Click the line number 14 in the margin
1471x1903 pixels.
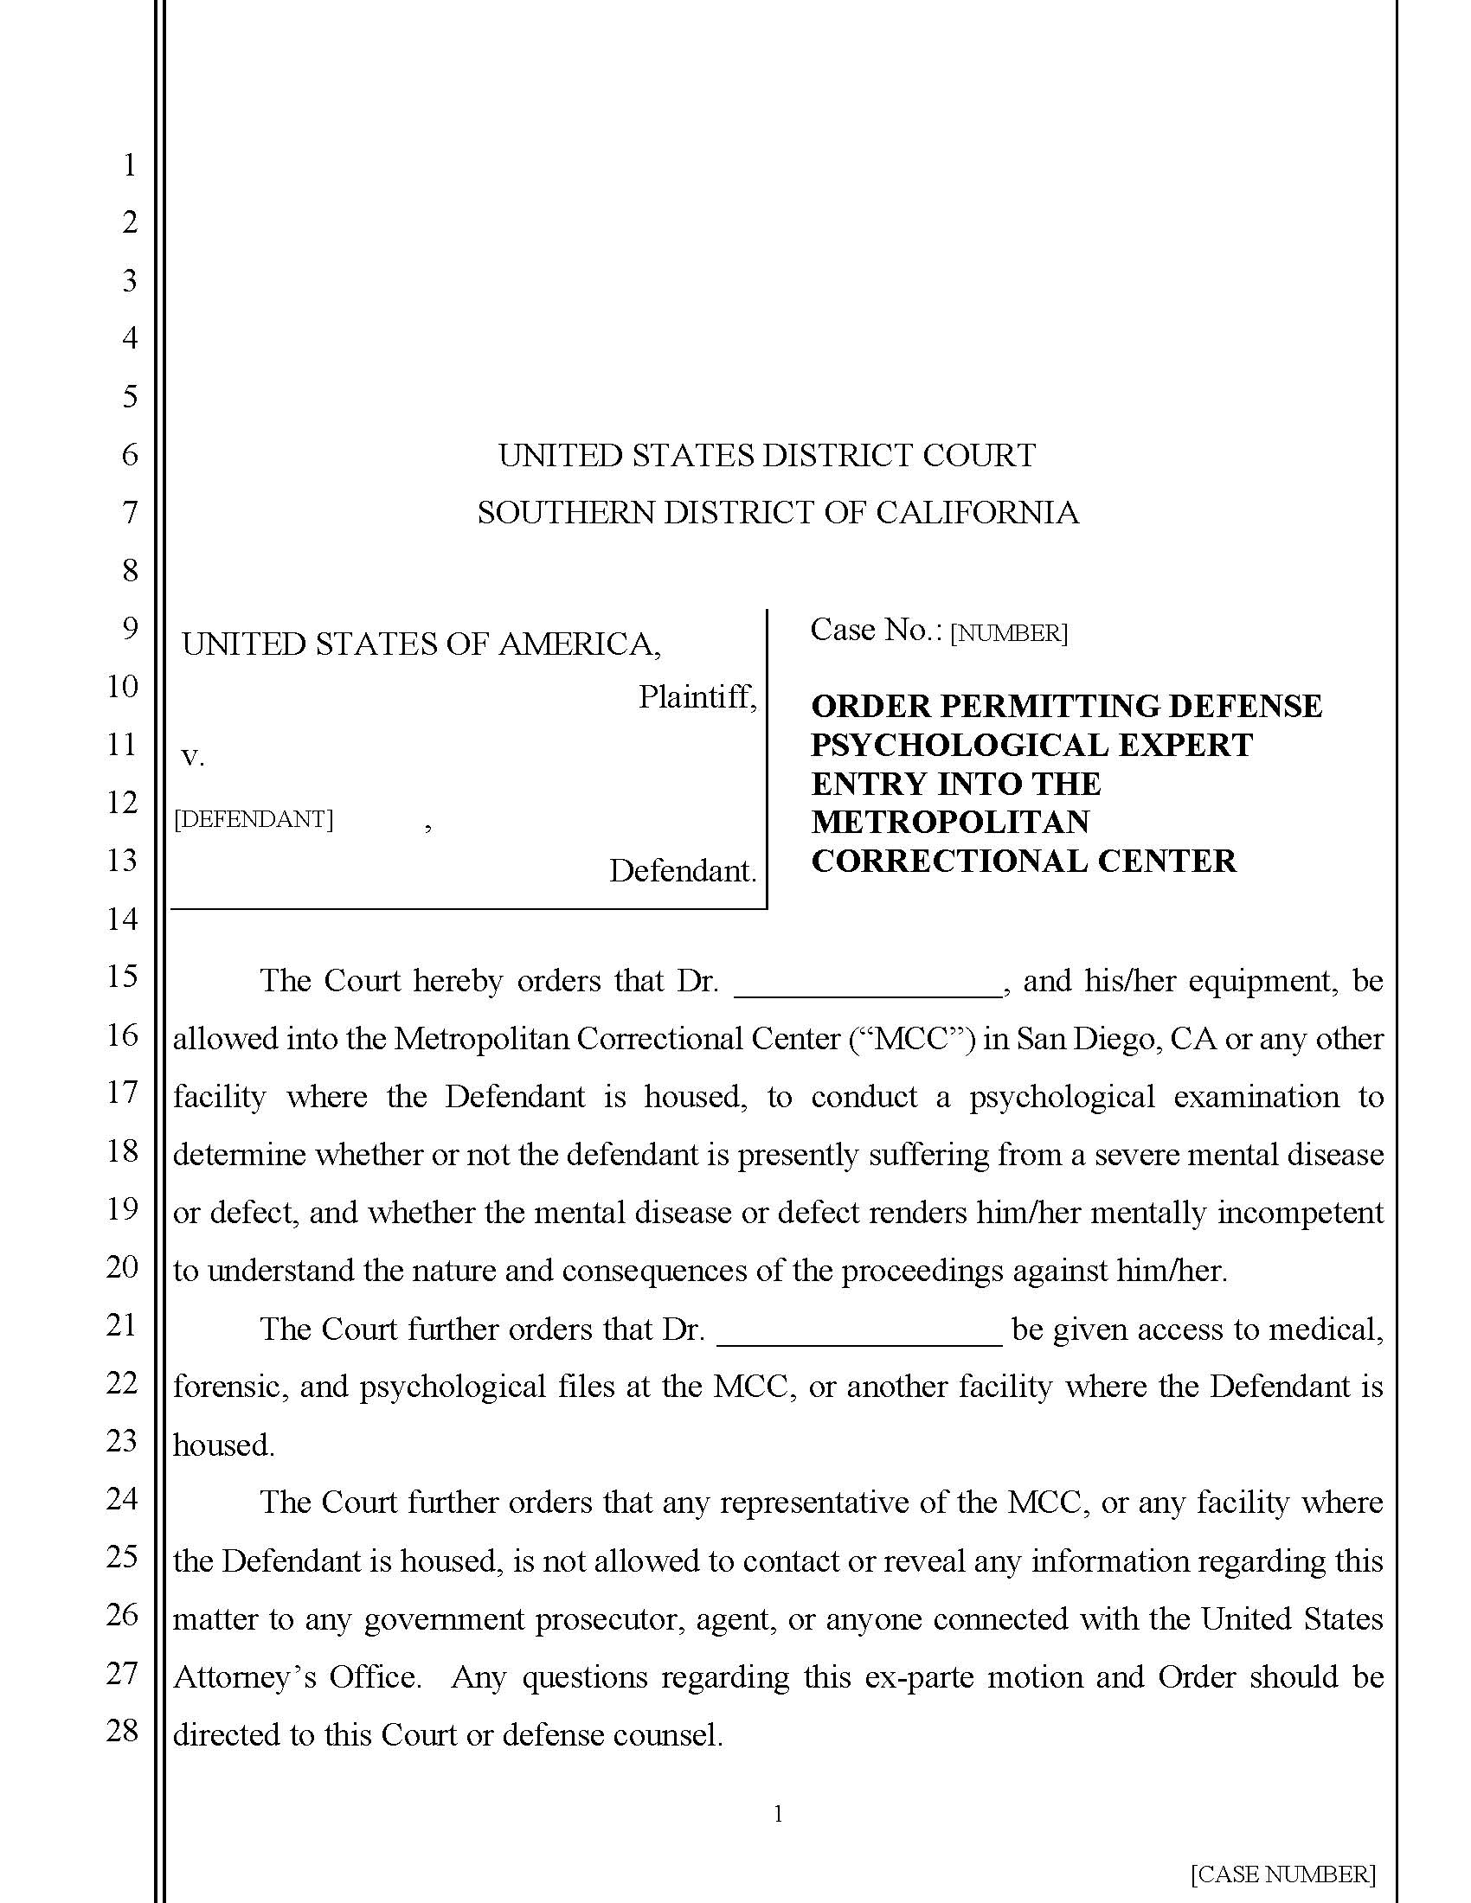[122, 918]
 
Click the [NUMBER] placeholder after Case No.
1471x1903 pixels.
[1008, 633]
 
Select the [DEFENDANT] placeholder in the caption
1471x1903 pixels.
[254, 819]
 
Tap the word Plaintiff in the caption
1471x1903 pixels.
[695, 696]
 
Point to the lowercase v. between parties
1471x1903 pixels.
[193, 756]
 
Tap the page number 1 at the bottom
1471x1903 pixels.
[778, 1814]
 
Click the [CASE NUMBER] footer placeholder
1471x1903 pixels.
[1282, 1874]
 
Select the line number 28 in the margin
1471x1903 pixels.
[122, 1731]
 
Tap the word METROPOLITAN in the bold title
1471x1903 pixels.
[950, 822]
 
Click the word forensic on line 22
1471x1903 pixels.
[230, 1386]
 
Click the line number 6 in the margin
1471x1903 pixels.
[129, 454]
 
